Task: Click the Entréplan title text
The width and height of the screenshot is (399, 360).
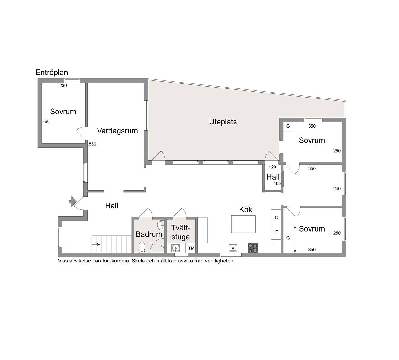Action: click(x=52, y=72)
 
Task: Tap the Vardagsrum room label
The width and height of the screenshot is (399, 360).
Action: click(x=117, y=131)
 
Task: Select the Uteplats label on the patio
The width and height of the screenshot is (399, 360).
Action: click(x=223, y=122)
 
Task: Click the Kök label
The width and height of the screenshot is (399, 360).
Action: click(x=245, y=209)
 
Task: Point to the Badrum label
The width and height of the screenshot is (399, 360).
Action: click(x=149, y=234)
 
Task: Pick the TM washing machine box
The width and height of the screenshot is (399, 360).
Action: click(x=191, y=248)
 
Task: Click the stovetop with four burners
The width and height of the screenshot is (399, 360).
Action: click(x=253, y=248)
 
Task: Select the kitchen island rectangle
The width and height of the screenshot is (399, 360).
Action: click(x=244, y=224)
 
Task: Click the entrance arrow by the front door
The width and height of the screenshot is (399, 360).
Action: click(x=73, y=202)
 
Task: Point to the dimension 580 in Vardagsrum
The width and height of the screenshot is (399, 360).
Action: click(x=93, y=144)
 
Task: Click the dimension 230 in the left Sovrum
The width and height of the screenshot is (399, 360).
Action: click(x=63, y=86)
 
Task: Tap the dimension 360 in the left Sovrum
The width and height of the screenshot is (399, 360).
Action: click(x=46, y=121)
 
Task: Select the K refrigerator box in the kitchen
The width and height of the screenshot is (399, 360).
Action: click(x=276, y=217)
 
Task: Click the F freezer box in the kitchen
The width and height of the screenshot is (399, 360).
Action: click(x=276, y=232)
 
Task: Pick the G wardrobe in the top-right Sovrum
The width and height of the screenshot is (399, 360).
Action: click(x=288, y=126)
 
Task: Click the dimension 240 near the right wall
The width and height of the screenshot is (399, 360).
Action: click(x=337, y=189)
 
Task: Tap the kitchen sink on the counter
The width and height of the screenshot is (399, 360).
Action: click(x=233, y=248)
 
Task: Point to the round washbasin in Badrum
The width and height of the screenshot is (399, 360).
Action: click(x=160, y=225)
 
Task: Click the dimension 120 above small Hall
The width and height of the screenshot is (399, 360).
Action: click(x=272, y=167)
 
